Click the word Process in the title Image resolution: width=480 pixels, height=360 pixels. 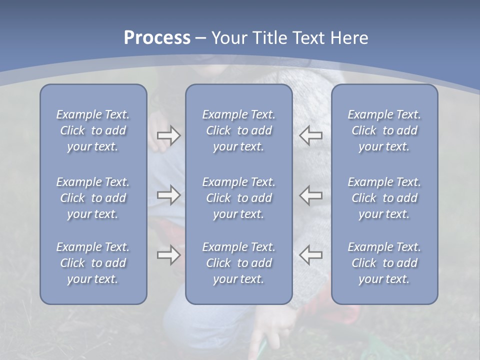[157, 38]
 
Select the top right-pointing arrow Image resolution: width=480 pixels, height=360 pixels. [168, 135]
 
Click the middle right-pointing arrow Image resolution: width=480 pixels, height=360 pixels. [168, 195]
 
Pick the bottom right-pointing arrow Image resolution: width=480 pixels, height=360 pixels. [168, 255]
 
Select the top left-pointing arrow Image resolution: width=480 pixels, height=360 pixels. [310, 135]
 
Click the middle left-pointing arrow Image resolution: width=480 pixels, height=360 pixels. [310, 195]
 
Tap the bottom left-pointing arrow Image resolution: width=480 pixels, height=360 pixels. [310, 255]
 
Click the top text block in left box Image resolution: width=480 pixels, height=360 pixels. [93, 130]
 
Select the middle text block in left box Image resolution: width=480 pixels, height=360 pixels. [93, 198]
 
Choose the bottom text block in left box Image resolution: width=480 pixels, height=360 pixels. [93, 263]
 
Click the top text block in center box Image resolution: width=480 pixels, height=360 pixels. [238, 130]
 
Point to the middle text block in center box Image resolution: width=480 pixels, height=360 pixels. [238, 198]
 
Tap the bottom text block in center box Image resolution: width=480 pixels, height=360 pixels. [238, 263]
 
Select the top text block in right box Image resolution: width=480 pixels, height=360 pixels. [384, 130]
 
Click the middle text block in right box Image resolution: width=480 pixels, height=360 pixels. [384, 198]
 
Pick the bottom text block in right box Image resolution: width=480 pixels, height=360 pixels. [384, 263]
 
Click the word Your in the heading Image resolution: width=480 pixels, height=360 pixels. [230, 38]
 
